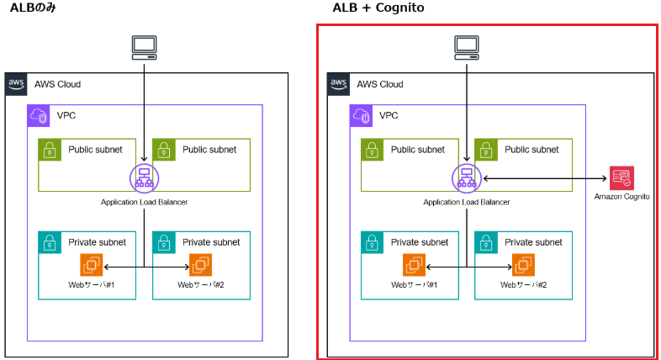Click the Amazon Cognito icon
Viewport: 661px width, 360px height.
tap(622, 177)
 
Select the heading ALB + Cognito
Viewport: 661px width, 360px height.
tap(378, 8)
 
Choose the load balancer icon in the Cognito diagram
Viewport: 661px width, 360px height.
tap(465, 177)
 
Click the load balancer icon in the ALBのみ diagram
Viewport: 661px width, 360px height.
tap(143, 177)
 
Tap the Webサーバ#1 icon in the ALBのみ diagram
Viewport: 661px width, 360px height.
tap(91, 266)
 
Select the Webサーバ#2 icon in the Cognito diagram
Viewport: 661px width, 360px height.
tap(524, 266)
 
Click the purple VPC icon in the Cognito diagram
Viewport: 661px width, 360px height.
tap(362, 115)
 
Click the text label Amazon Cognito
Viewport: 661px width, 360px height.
tap(622, 196)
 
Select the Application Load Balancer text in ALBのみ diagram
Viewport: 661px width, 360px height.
tap(144, 202)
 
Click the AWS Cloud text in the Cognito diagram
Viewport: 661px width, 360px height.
tap(379, 84)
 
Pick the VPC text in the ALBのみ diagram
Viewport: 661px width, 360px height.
tap(66, 115)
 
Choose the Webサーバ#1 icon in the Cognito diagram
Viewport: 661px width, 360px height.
tap(414, 266)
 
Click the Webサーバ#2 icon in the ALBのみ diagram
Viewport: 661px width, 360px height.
tap(201, 266)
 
